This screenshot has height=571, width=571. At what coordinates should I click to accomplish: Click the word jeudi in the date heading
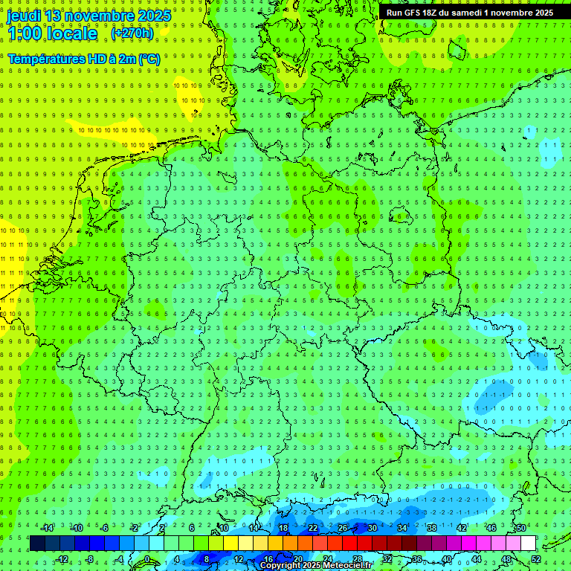[25, 16]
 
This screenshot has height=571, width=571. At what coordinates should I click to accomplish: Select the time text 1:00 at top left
[25, 33]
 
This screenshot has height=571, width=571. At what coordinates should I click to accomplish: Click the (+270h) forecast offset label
[132, 33]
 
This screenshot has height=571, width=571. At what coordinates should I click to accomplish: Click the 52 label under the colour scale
[536, 559]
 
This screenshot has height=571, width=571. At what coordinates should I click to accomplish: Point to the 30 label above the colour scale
[372, 528]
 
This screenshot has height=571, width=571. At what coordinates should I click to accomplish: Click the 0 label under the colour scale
[147, 559]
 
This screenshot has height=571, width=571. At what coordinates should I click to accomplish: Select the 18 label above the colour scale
[283, 528]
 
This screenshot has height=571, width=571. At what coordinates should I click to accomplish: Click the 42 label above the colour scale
[462, 528]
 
